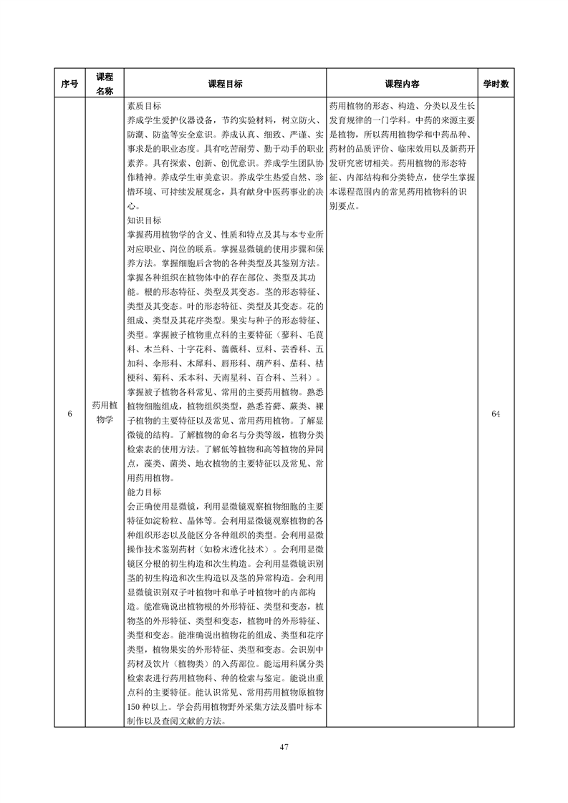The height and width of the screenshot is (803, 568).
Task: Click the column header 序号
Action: tap(69, 84)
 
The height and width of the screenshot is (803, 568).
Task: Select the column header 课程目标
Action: tap(225, 84)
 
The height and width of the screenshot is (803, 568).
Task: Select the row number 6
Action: tap(69, 414)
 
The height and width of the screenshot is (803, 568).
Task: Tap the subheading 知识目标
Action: tap(144, 220)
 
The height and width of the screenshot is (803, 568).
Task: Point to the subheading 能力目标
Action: tap(144, 492)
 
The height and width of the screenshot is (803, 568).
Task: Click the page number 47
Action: tap(284, 747)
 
